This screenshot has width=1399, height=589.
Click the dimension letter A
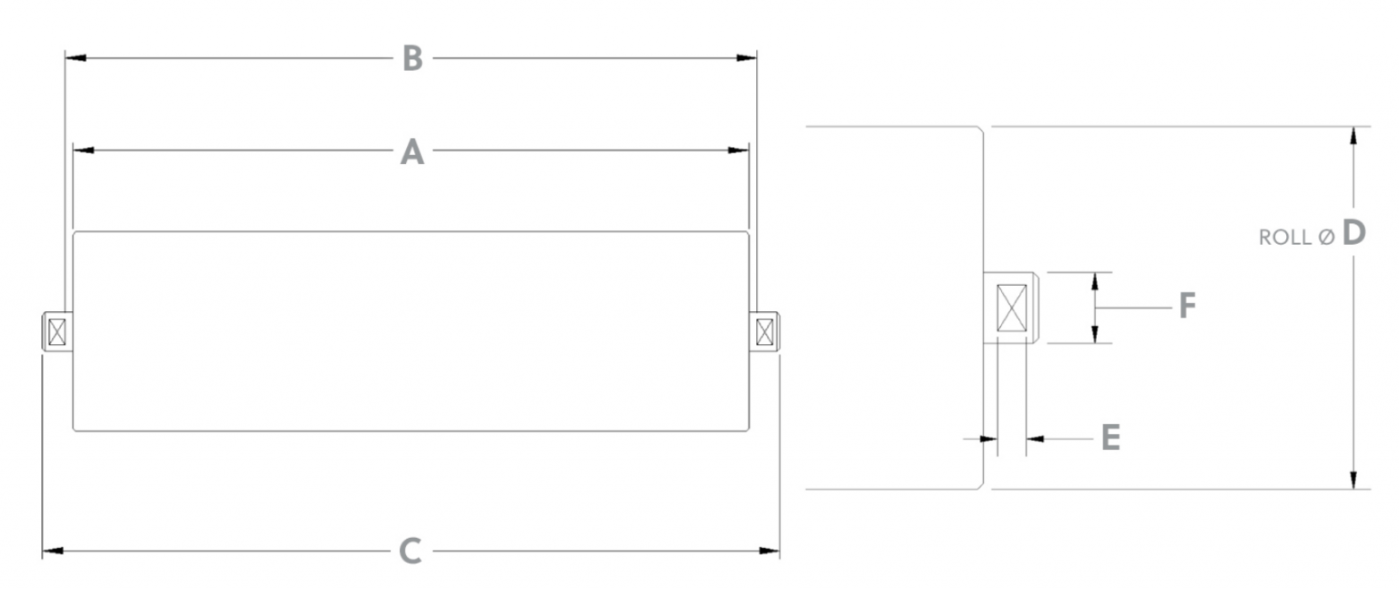pos(413,151)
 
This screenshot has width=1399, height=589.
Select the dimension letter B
pos(413,58)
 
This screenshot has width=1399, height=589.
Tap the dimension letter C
pos(412,551)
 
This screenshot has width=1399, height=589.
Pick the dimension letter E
pos(1110,438)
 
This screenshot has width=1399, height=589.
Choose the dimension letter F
pos(1187,307)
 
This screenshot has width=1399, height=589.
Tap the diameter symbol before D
pos(1326,237)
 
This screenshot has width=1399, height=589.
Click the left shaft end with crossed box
pos(56,332)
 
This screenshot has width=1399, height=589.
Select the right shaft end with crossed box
pos(765,332)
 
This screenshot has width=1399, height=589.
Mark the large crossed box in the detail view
pos(1012,308)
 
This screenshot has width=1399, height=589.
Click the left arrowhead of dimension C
pos(51,551)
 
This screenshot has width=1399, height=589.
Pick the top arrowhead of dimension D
pos(1354,134)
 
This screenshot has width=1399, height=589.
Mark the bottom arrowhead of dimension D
pos(1354,481)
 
